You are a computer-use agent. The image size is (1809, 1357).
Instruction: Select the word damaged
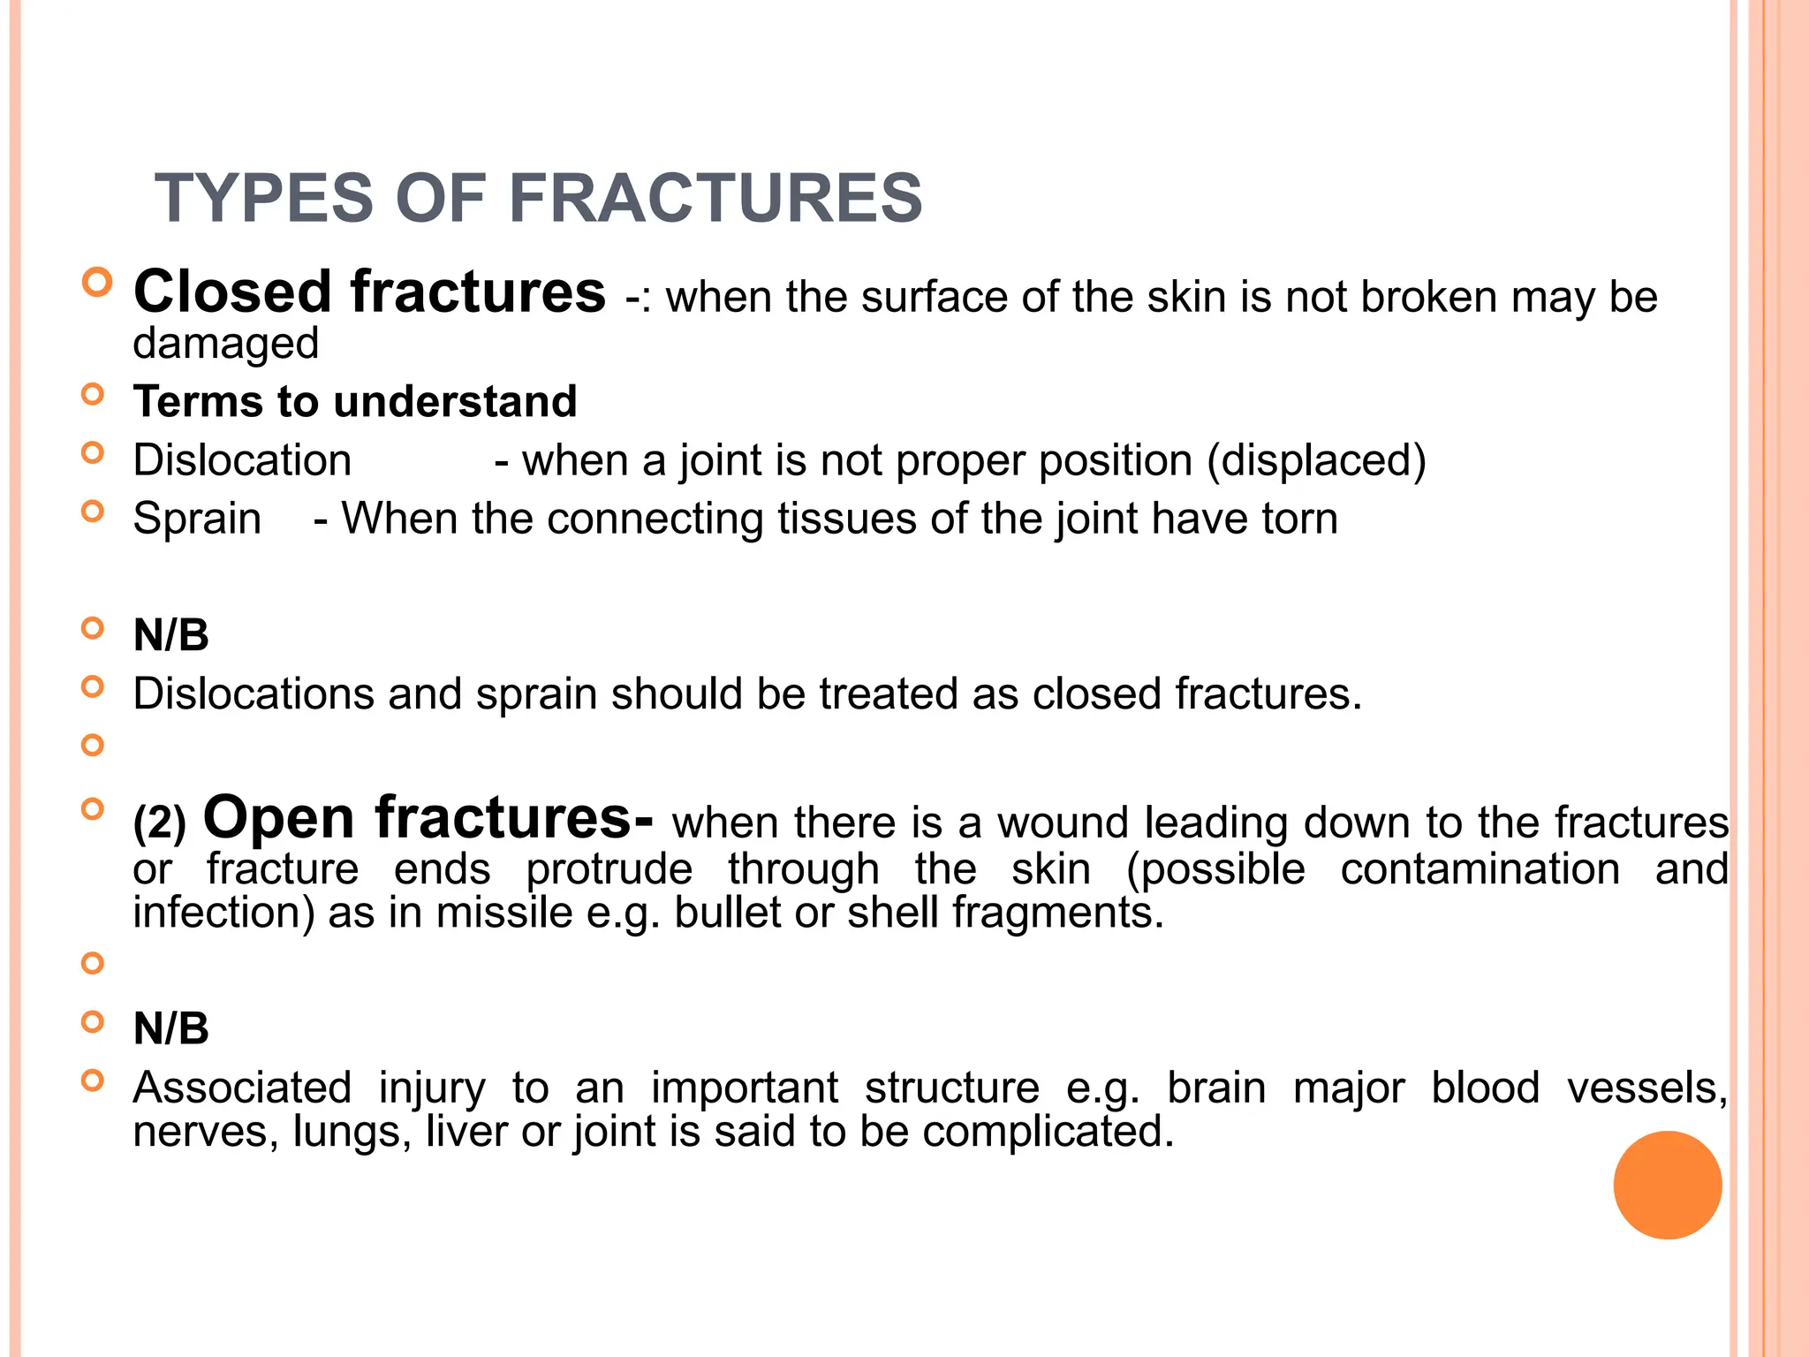225,343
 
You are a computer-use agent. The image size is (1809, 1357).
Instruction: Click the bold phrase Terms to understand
355,401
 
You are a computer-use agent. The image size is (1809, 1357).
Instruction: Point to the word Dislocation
242,460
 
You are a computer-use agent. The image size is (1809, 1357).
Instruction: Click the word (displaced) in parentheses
1316,460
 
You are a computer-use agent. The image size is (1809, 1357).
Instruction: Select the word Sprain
197,519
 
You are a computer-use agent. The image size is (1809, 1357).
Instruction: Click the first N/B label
170,635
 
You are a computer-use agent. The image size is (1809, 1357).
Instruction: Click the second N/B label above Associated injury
170,1028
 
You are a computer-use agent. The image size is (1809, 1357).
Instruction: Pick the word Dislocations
253,694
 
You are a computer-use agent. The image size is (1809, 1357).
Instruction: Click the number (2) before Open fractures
159,823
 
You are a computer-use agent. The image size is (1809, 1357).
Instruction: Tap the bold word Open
279,818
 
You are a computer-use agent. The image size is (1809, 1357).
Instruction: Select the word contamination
1480,868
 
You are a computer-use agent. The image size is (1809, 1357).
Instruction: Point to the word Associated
242,1088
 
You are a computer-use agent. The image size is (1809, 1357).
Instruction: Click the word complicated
1048,1131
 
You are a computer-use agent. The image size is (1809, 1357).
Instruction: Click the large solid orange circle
1667,1185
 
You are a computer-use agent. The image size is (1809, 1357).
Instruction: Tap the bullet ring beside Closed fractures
97,282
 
